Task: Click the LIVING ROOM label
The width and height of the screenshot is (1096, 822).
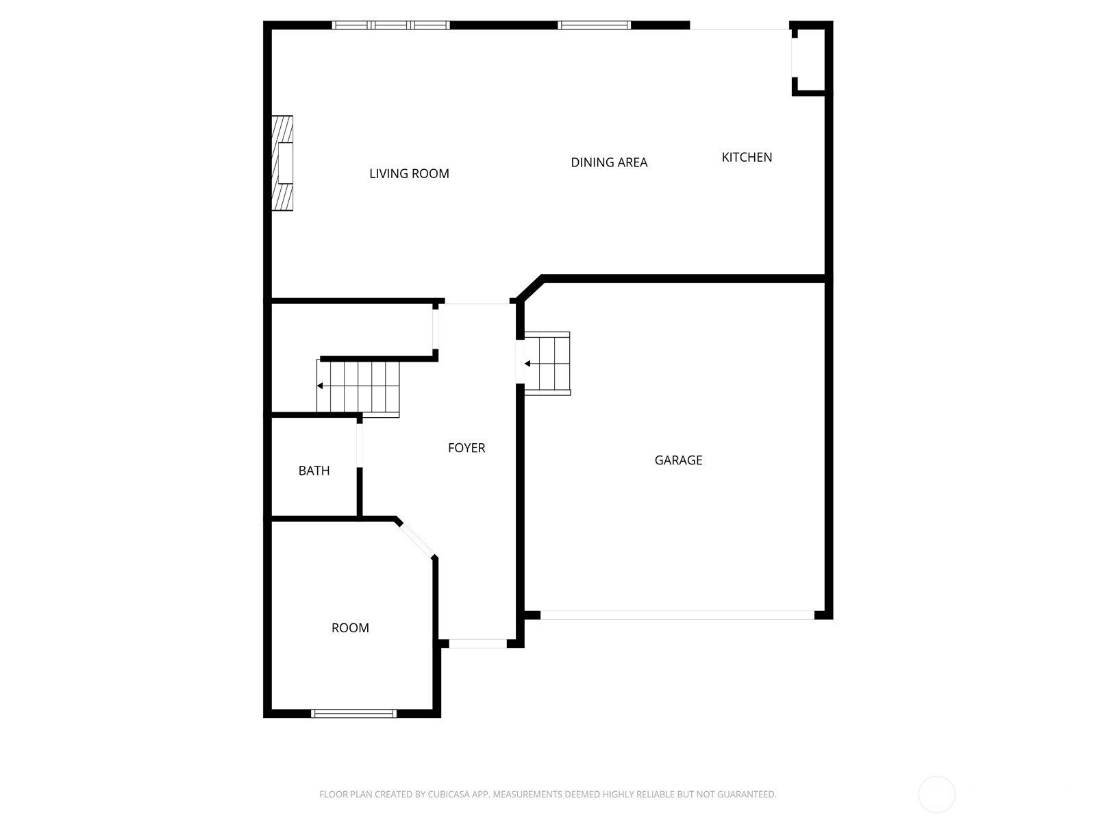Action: pos(409,174)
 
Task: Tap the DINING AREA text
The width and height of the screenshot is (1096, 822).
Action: pos(609,162)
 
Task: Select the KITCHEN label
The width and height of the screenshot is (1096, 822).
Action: pos(747,158)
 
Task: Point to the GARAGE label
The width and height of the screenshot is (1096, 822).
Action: pos(678,460)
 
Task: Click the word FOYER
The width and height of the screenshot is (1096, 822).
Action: pos(466,448)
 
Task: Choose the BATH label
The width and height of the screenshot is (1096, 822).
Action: pos(314,471)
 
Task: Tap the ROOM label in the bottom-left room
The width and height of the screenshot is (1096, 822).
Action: pos(350,628)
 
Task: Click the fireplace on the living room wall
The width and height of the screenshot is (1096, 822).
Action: pos(282,163)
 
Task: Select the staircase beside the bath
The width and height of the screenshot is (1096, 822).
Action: pos(358,388)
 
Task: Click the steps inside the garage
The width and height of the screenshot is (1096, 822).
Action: pos(547,363)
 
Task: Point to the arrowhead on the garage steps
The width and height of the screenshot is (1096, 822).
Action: pos(527,364)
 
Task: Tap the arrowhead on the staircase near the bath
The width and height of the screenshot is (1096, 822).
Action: pos(320,386)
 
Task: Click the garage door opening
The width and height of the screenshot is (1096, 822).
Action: pos(677,615)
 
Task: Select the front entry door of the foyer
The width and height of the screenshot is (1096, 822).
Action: pos(478,644)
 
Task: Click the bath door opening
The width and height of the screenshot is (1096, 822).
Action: pos(359,445)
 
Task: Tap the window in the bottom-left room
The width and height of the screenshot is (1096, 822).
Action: pos(353,714)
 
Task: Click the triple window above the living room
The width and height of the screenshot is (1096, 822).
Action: pos(391,25)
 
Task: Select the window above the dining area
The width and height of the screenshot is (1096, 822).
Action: pos(594,25)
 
